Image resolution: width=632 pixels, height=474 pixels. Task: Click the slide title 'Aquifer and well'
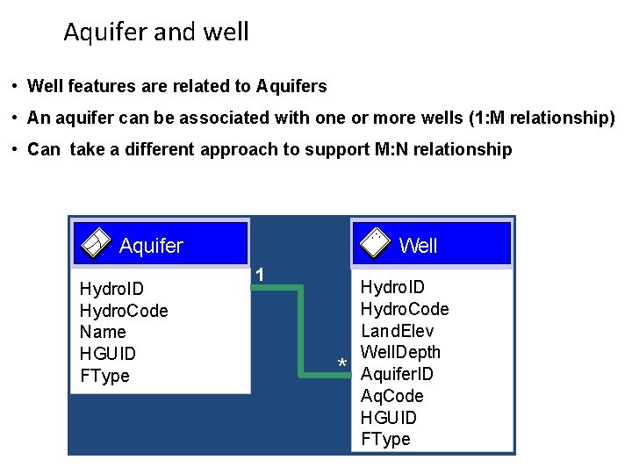(156, 32)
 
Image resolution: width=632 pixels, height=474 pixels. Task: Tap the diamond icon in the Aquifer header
(94, 243)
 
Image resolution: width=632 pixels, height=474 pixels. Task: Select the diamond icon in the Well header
(375, 243)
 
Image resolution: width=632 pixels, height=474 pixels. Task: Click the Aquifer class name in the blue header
(151, 246)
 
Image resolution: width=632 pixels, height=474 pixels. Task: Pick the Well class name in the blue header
(418, 246)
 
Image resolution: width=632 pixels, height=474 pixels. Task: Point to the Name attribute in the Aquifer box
(103, 332)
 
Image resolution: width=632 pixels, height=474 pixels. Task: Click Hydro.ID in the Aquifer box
(111, 289)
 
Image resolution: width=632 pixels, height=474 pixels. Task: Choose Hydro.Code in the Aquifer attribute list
(124, 311)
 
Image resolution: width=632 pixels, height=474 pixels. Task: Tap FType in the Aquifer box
(104, 376)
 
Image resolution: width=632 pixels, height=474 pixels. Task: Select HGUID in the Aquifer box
(107, 354)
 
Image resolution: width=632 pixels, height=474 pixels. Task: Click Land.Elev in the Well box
(398, 331)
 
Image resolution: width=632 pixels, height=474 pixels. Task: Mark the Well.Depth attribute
(401, 352)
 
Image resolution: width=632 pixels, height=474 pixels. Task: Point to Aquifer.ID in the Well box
(397, 374)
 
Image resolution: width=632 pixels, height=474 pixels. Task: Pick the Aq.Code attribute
(392, 396)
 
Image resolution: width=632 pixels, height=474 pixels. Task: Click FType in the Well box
(386, 439)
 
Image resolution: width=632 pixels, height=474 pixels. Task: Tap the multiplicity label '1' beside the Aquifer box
(260, 275)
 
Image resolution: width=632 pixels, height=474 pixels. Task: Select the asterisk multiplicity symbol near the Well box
(342, 364)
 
